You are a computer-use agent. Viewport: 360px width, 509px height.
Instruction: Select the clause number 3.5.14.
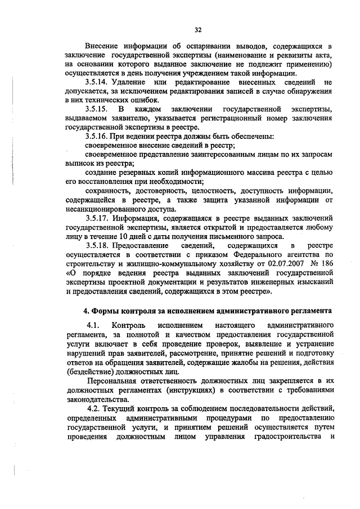click(98, 83)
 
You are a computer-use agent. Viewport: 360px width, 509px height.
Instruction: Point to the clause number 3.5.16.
click(97, 136)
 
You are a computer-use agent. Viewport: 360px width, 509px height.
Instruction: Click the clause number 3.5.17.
click(97, 218)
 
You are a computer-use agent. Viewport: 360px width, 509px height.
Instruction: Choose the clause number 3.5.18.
click(97, 245)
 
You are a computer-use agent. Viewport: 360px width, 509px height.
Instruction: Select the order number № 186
click(321, 263)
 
